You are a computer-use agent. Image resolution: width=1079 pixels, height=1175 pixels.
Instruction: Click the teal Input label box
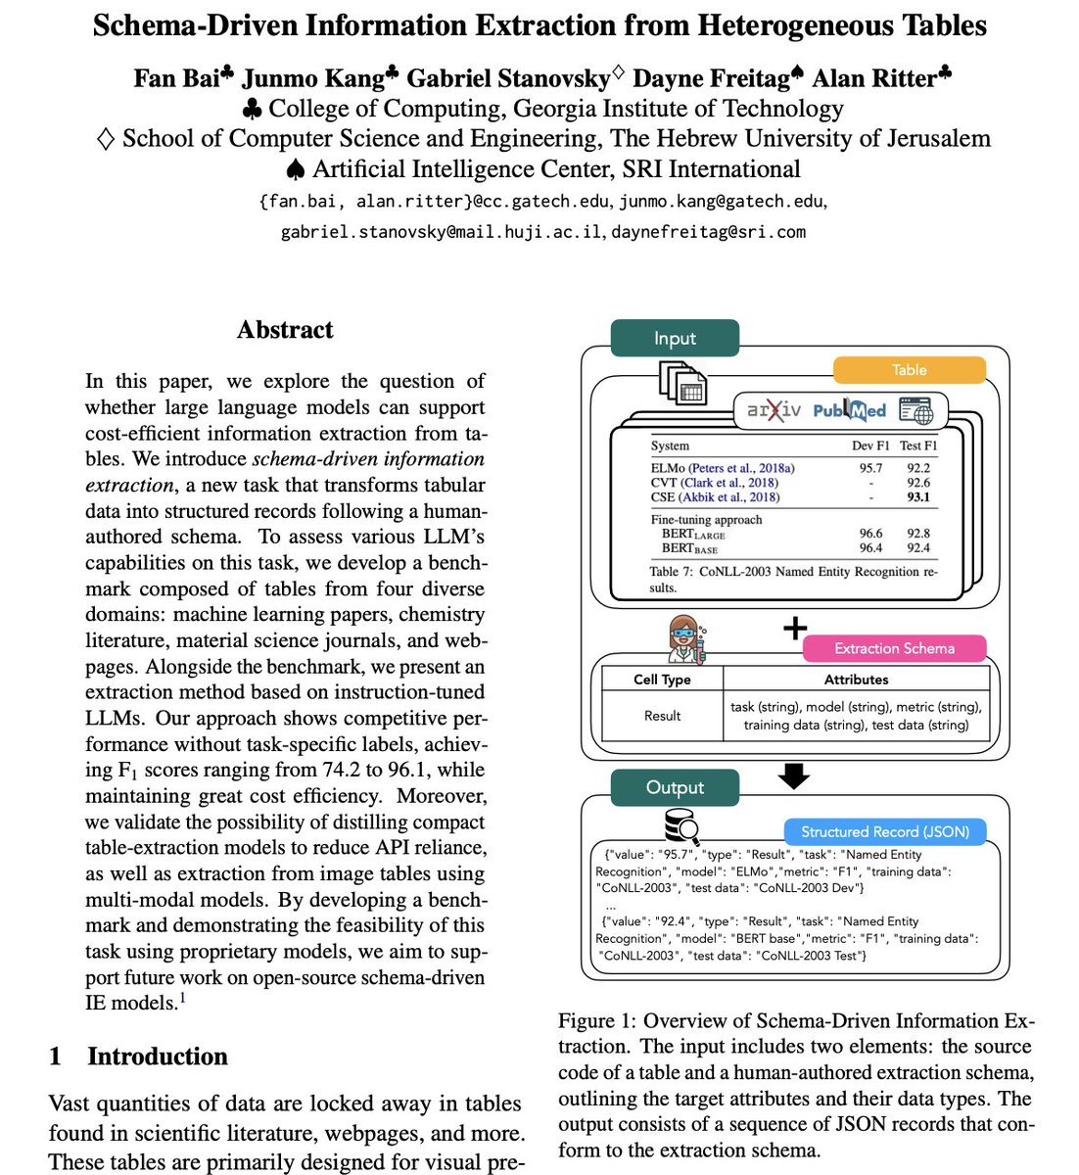674,338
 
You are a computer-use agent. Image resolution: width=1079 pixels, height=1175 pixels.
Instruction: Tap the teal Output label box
674,787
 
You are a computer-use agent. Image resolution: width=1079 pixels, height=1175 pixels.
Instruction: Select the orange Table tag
909,370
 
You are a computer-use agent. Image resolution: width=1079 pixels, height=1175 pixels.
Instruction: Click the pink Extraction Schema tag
893,648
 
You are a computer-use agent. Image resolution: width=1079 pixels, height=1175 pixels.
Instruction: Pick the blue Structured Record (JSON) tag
884,831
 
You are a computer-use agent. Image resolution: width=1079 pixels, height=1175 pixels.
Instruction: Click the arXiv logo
773,410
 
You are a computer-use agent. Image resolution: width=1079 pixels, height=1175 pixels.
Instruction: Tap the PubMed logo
849,410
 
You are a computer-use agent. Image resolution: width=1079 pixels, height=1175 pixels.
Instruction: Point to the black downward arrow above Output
793,775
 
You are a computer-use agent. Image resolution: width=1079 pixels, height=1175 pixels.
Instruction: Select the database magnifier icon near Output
681,827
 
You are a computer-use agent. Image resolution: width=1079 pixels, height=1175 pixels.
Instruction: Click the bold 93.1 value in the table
917,497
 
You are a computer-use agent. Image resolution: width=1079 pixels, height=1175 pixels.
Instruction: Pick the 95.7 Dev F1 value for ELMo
870,469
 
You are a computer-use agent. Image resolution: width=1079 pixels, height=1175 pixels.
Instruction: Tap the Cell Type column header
662,680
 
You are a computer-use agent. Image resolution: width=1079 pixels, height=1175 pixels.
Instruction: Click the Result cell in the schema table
662,716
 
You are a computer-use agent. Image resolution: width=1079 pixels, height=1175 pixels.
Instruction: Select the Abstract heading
285,330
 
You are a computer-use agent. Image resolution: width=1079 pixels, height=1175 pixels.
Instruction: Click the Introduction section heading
157,1057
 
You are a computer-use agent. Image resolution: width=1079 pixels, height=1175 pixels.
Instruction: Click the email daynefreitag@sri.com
708,232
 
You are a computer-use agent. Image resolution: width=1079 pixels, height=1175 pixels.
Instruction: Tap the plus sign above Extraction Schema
795,628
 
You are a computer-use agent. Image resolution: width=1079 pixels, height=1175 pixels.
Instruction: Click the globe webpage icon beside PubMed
916,410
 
